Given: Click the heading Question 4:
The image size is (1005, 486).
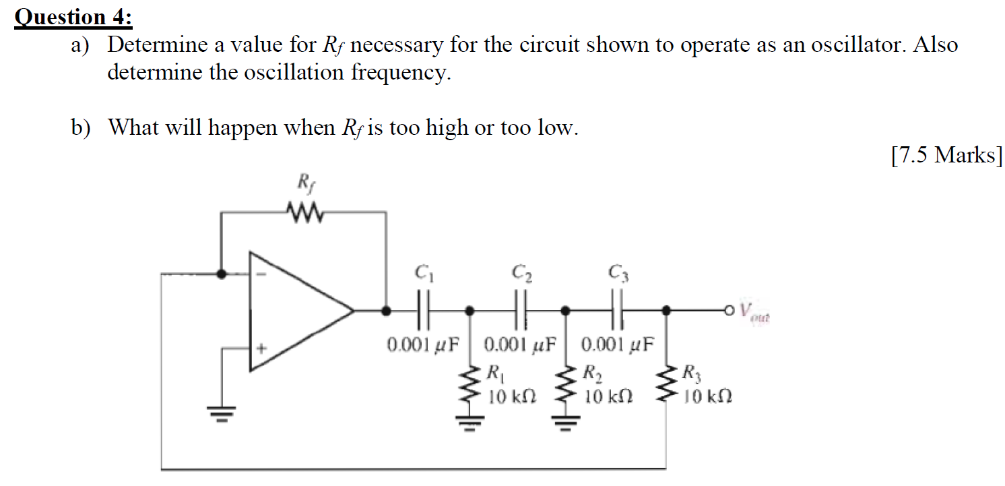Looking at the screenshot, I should [x=74, y=16].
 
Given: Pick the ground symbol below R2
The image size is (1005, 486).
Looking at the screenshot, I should [x=567, y=423].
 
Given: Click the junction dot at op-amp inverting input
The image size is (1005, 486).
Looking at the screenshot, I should [x=222, y=274].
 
